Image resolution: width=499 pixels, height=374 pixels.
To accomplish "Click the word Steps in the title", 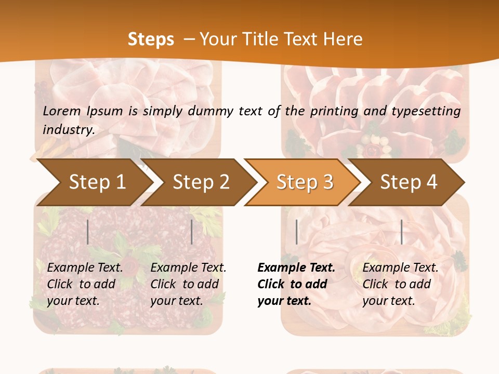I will click(x=151, y=39).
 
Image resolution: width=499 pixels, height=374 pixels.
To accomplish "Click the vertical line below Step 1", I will click(x=88, y=232).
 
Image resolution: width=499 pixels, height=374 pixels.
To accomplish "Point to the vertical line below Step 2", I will click(x=192, y=232).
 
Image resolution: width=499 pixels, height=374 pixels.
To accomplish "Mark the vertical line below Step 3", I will click(x=296, y=232).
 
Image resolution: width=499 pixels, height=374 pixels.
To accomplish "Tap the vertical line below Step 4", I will click(x=401, y=232).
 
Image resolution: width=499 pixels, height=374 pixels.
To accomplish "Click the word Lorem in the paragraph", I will click(x=62, y=111).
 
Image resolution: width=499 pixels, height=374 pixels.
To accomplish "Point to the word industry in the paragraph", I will click(x=69, y=129).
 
